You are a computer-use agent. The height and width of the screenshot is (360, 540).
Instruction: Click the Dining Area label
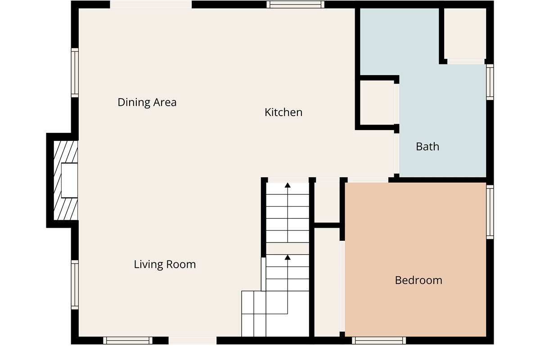pyautogui.click(x=147, y=103)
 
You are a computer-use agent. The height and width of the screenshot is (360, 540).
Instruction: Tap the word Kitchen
pyautogui.click(x=283, y=112)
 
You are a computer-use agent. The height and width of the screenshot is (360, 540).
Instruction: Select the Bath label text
pyautogui.click(x=427, y=147)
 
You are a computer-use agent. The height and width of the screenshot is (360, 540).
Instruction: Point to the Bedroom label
pyautogui.click(x=418, y=280)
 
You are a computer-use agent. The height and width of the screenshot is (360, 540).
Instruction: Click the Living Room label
pyautogui.click(x=165, y=264)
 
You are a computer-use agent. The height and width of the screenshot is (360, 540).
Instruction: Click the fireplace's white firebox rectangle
pyautogui.click(x=69, y=180)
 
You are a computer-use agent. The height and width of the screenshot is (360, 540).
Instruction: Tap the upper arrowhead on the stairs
pyautogui.click(x=288, y=185)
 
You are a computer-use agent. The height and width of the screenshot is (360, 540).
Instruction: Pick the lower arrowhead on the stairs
pyautogui.click(x=288, y=257)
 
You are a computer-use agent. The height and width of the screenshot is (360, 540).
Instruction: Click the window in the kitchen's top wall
pyautogui.click(x=295, y=4)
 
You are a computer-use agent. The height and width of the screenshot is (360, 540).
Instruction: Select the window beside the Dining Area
pyautogui.click(x=75, y=72)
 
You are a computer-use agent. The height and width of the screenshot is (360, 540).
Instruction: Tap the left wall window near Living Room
pyautogui.click(x=75, y=285)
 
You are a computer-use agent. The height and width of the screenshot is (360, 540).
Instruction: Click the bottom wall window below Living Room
pyautogui.click(x=128, y=341)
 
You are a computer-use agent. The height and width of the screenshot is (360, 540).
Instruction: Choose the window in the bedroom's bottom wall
pyautogui.click(x=379, y=341)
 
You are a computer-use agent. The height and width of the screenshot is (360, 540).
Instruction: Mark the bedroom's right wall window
pyautogui.click(x=490, y=212)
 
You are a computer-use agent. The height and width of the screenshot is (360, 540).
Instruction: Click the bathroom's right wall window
pyautogui.click(x=490, y=82)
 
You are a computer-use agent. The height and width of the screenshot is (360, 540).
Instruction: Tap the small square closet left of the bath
pyautogui.click(x=377, y=103)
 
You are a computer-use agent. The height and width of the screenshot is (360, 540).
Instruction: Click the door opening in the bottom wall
pyautogui.click(x=193, y=341)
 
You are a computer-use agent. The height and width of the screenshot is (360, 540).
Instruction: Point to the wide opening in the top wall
pyautogui.click(x=151, y=4)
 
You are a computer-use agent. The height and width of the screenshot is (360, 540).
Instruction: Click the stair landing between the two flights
pyautogui.click(x=288, y=248)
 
